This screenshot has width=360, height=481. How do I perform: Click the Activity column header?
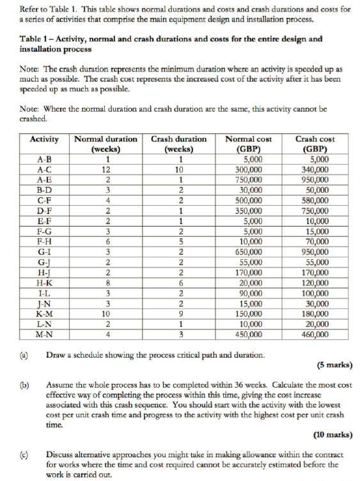(45, 139)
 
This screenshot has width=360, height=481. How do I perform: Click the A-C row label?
(45, 171)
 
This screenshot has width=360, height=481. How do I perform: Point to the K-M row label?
(45, 314)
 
